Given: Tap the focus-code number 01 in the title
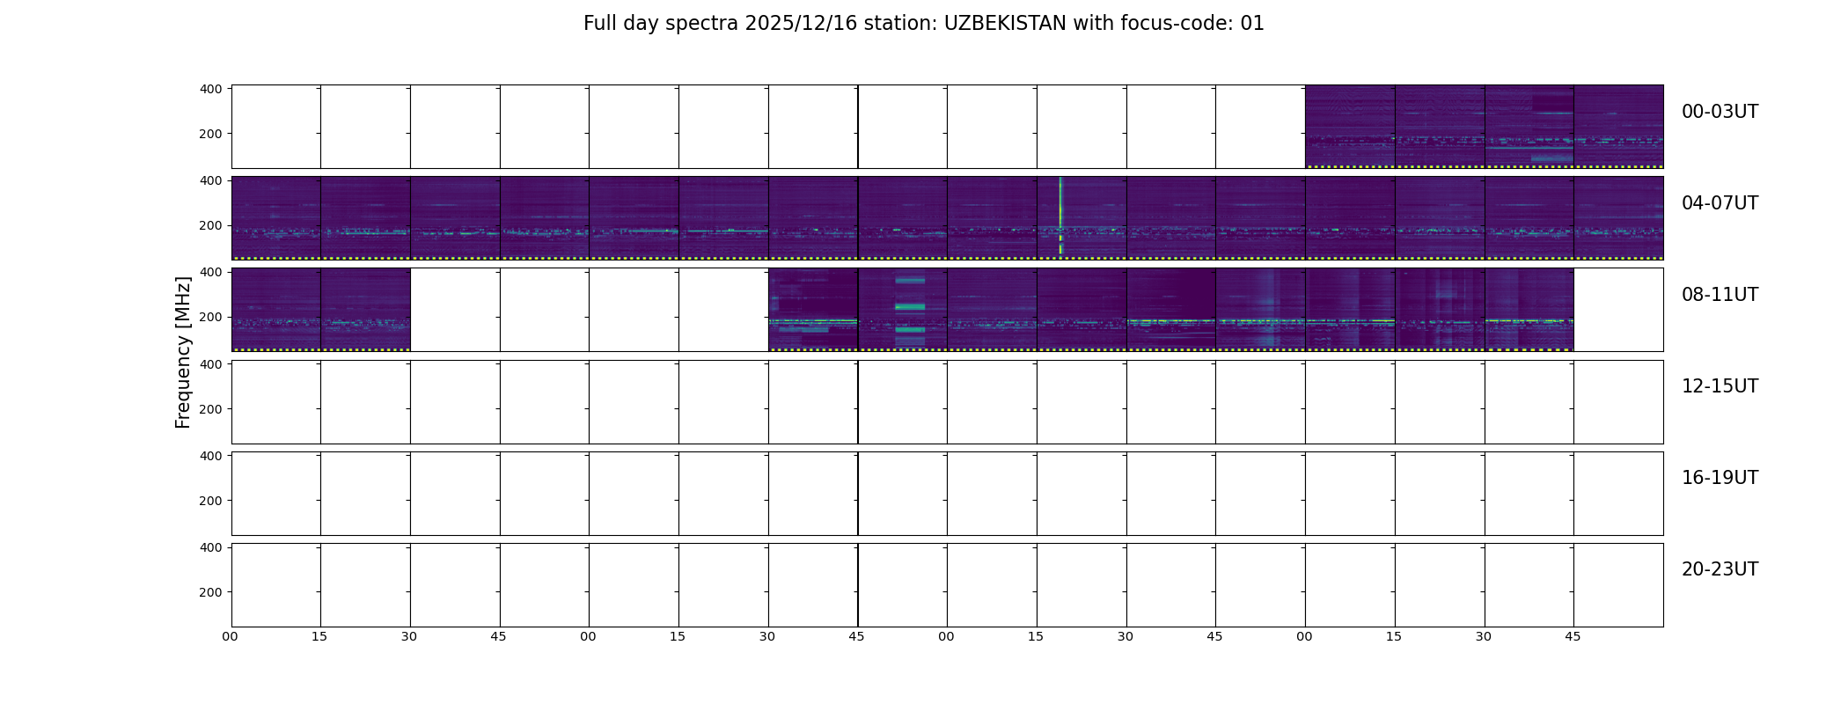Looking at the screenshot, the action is click(x=1252, y=24).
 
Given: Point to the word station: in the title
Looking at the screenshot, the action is click(x=906, y=24).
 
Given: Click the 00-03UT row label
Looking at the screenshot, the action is click(x=1720, y=112).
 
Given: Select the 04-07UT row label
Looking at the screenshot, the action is click(x=1720, y=203).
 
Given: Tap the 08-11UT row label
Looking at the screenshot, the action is click(x=1720, y=295).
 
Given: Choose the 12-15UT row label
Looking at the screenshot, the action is click(x=1720, y=386).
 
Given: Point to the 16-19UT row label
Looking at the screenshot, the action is click(x=1720, y=478).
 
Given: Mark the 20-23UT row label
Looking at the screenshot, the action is click(x=1720, y=569).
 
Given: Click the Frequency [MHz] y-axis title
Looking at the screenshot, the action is click(x=183, y=352).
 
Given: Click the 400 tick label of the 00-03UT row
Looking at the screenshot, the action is click(x=211, y=89).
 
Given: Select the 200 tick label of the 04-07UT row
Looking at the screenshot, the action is click(x=211, y=225).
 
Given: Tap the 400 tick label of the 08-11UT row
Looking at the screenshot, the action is click(x=211, y=272).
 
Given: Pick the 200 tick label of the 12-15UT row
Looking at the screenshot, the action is click(x=211, y=409).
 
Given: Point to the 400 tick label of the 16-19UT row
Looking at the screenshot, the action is click(x=211, y=456).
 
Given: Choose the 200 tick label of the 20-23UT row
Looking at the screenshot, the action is click(x=211, y=592).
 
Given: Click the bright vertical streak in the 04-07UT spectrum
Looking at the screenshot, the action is click(x=1060, y=216).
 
